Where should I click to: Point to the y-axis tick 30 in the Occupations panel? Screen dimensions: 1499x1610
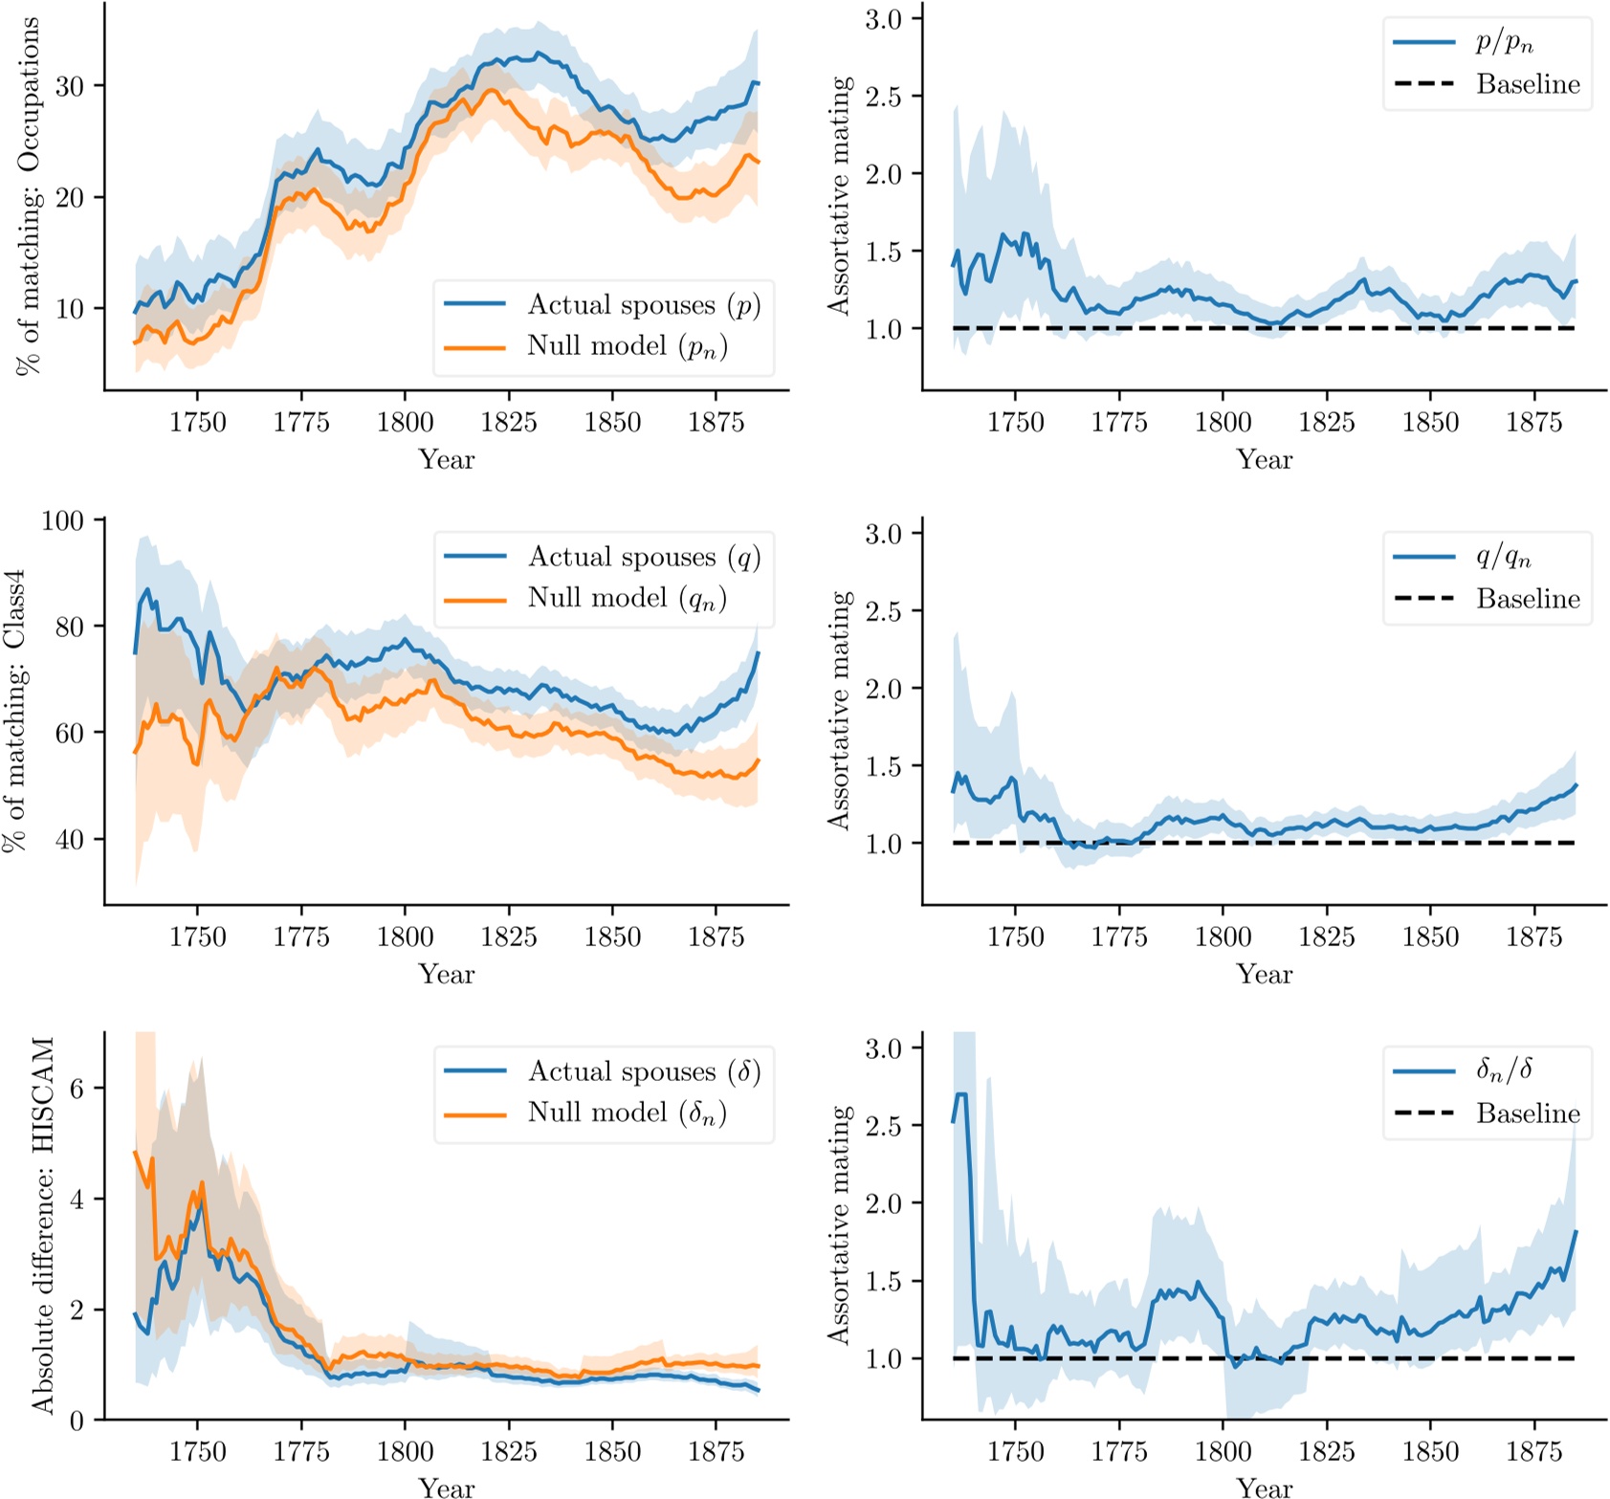point(69,86)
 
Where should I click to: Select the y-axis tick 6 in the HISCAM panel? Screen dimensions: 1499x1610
point(77,1088)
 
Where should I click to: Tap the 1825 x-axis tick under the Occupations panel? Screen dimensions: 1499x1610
point(508,423)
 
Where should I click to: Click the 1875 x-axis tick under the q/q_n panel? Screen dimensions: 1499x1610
point(1533,937)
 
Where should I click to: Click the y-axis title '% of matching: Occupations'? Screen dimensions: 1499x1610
point(29,196)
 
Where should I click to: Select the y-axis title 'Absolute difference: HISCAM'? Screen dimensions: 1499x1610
point(43,1224)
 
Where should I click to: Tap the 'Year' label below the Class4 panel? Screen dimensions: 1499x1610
point(446,974)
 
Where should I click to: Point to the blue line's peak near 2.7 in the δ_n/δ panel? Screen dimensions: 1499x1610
point(961,1094)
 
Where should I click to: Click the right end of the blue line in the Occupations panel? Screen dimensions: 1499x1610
point(758,84)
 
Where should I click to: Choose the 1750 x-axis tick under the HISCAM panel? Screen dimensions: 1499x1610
point(197,1451)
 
